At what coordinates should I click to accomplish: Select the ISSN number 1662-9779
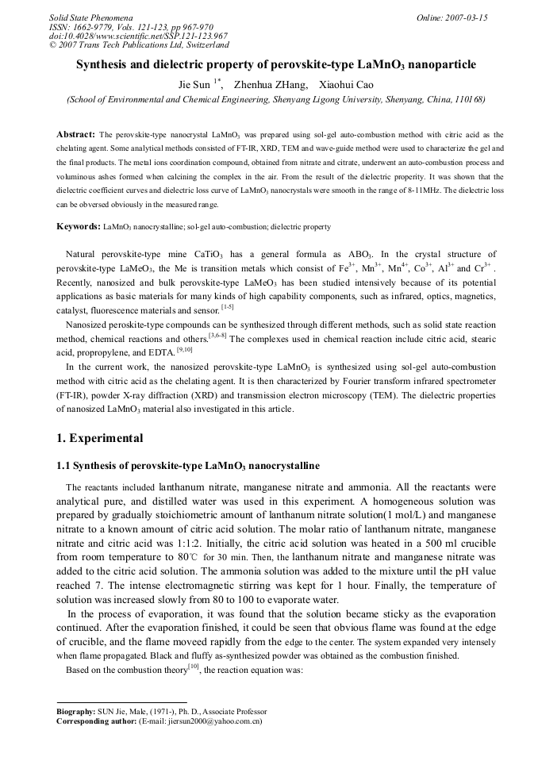pyautogui.click(x=95, y=27)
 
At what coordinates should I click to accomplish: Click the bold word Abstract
pyautogui.click(x=75, y=135)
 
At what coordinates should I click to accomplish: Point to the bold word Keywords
pyautogui.click(x=78, y=227)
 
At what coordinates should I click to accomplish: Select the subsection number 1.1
pyautogui.click(x=65, y=464)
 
